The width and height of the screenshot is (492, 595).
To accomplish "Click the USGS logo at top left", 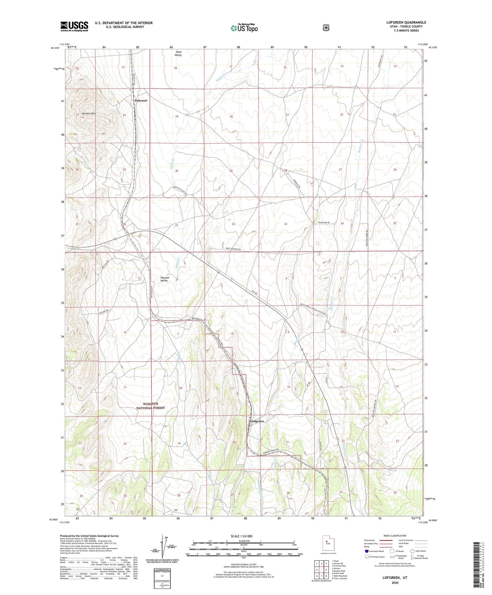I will click(x=74, y=26).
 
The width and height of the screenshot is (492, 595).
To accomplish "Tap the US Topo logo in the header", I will click(x=244, y=28).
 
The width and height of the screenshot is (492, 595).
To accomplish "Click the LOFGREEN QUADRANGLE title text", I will click(x=406, y=22).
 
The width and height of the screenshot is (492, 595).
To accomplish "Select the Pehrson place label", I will click(x=141, y=100).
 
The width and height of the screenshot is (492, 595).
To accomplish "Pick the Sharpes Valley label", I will click(x=164, y=279).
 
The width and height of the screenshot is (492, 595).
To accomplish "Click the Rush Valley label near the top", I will click(x=178, y=53).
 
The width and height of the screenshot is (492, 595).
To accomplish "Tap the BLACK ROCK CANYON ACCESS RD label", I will click(x=314, y=309).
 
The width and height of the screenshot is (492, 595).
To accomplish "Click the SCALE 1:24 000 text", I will click(x=244, y=536).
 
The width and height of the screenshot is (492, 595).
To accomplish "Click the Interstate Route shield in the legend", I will click(x=366, y=551).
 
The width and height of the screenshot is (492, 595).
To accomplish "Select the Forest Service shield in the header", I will click(x=325, y=28).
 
